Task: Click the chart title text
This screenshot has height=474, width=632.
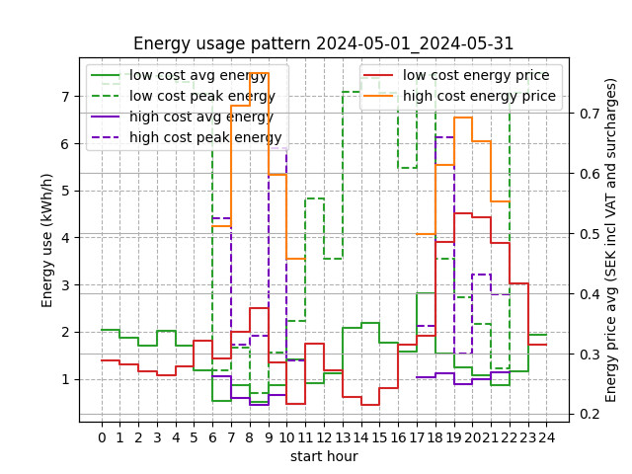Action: (324, 43)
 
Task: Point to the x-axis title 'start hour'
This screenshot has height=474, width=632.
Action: (324, 456)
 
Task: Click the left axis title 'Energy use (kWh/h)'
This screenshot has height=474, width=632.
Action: (47, 240)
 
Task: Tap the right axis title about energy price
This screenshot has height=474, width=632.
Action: (611, 240)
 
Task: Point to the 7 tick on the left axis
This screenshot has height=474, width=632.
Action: (64, 97)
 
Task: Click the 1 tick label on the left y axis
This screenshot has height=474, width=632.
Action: (64, 379)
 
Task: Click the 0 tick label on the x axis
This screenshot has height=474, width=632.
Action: (102, 437)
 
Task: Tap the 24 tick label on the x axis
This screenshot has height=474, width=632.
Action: (546, 437)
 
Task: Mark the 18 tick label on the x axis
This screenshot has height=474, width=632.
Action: (435, 437)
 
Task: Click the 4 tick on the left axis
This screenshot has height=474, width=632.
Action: (64, 238)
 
